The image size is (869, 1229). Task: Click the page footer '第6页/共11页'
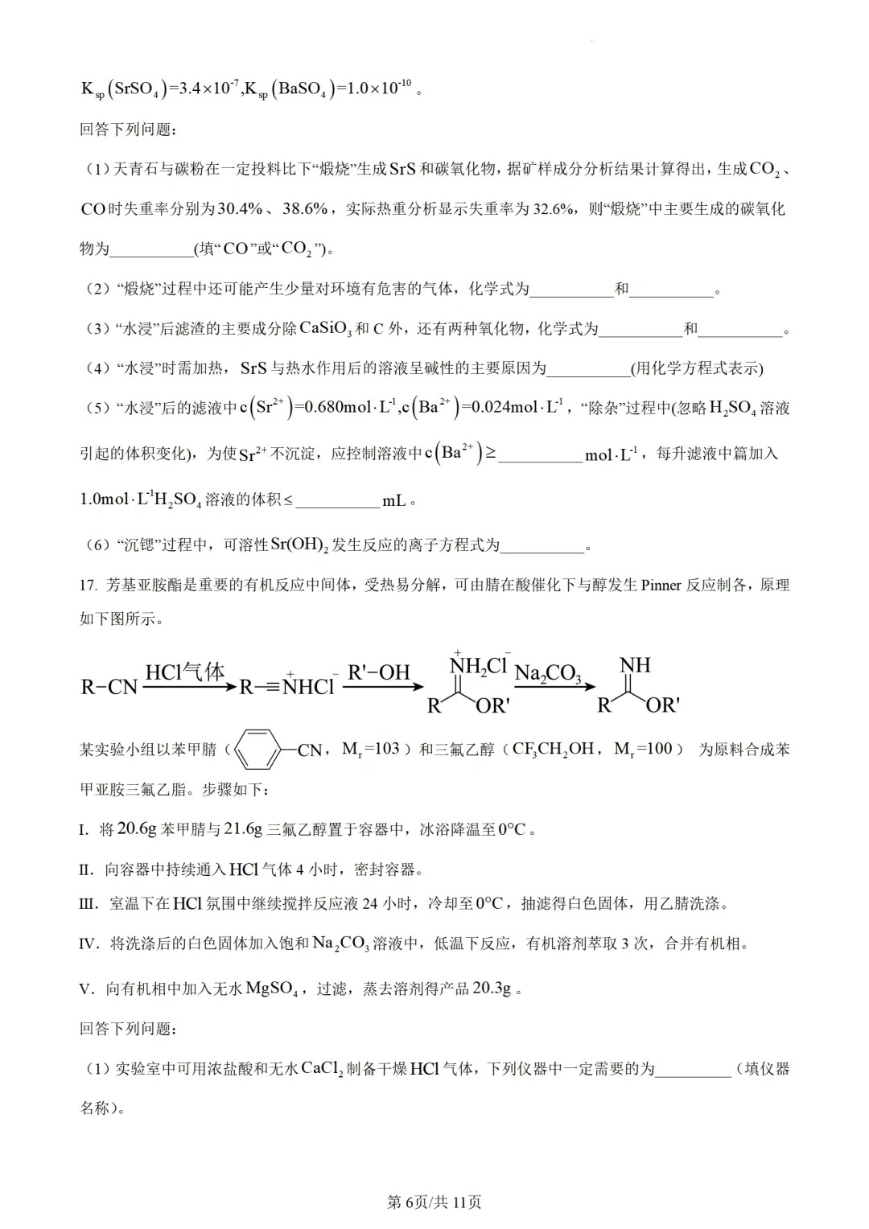pyautogui.click(x=434, y=1202)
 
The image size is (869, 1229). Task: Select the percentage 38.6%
pyautogui.click(x=305, y=208)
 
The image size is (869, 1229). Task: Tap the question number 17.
pyautogui.click(x=89, y=585)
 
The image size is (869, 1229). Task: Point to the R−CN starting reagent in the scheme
pyautogui.click(x=109, y=688)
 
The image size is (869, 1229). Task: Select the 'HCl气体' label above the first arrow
pyautogui.click(x=184, y=672)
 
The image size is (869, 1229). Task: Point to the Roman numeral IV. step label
pyautogui.click(x=89, y=943)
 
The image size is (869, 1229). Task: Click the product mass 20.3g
pyautogui.click(x=492, y=989)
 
